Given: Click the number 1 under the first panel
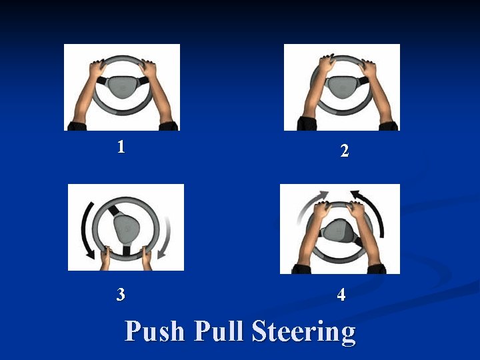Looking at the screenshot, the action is tap(121, 147).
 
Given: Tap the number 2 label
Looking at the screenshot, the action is tap(345, 150).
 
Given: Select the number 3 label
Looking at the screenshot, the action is tap(121, 294).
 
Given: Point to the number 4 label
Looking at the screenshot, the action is tap(341, 295).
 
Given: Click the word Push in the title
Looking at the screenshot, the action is tap(155, 331).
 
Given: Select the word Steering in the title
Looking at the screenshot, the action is tap(304, 333).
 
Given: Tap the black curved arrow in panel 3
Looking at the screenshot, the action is tap(83, 229).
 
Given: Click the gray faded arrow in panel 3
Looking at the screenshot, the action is tap(165, 237).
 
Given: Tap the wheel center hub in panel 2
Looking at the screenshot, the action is tap(342, 87).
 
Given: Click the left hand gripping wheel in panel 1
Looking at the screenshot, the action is tap(97, 69).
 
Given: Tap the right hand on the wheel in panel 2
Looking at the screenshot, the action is tap(367, 69).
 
